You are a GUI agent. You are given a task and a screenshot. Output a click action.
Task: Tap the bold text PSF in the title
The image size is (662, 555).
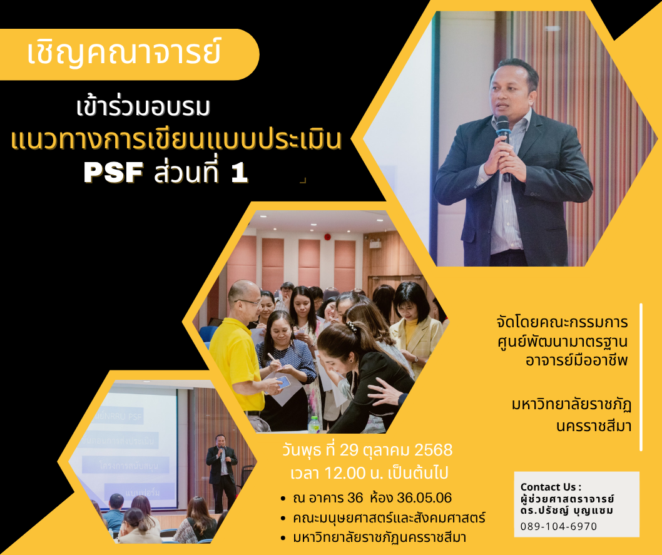coord(113,173)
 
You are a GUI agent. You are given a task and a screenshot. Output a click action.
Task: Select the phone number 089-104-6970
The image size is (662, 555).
coord(559,526)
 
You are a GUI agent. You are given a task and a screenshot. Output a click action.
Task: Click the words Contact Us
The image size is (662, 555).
coord(548,487)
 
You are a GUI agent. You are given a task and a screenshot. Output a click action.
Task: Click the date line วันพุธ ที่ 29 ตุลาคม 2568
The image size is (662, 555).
coord(367,450)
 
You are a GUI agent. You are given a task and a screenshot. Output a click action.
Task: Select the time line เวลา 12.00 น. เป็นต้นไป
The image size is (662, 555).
coord(369,472)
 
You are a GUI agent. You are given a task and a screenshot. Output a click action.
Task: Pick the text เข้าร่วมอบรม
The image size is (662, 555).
coord(143,107)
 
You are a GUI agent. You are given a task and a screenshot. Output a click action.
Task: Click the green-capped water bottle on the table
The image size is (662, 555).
coord(313,424)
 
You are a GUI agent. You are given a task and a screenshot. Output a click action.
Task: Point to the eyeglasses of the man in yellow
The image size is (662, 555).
coord(249,302)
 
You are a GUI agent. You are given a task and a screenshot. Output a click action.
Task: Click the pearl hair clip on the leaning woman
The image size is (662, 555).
coord(351,326)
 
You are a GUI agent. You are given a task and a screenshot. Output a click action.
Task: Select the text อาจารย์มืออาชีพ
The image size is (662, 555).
coord(577,360)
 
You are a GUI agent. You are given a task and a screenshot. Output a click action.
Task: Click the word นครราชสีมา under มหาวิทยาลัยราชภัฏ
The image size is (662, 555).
coord(594,426)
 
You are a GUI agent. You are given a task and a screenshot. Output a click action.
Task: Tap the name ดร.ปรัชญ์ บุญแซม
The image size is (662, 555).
coord(567,511)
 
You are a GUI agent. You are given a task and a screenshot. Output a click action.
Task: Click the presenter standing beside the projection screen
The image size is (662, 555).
coord(222,472)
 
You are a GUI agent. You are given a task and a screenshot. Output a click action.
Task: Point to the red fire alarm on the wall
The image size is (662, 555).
coord(327,237)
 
